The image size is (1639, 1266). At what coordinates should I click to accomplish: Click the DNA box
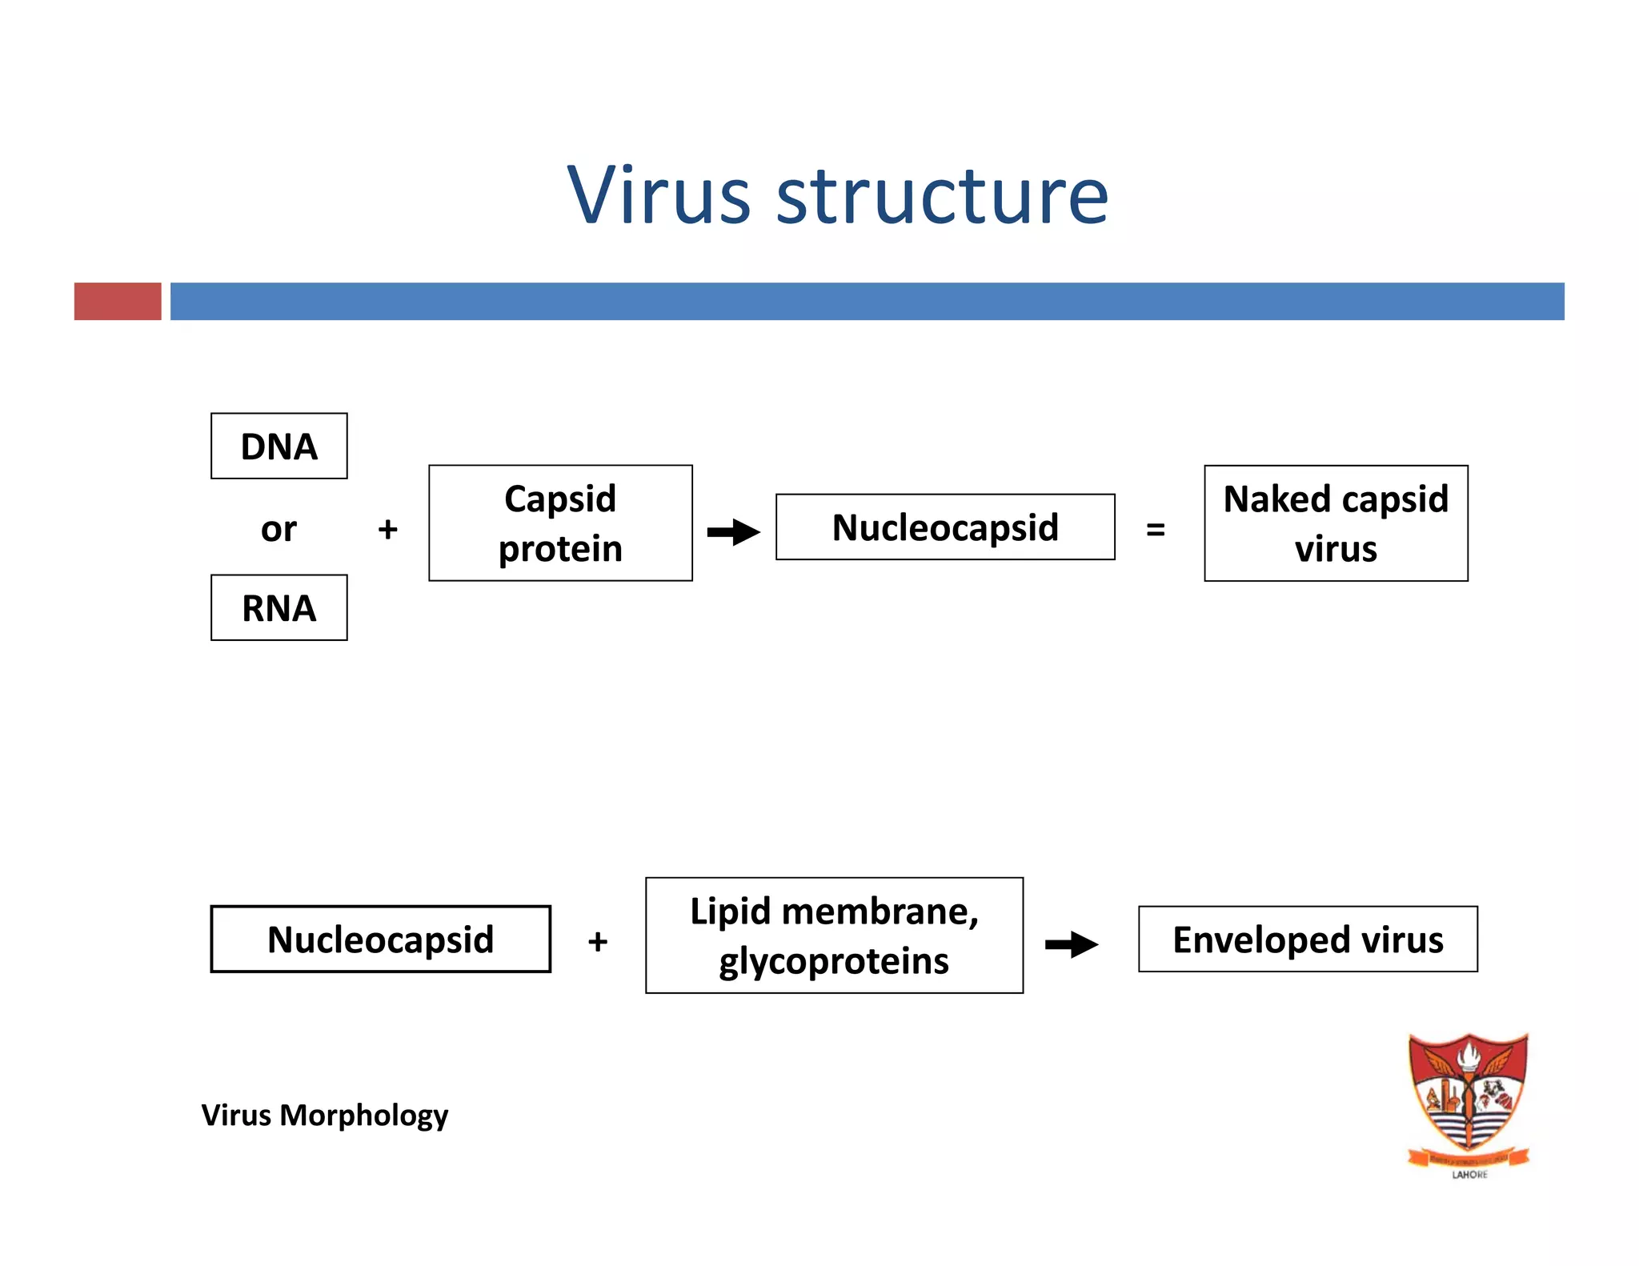[279, 446]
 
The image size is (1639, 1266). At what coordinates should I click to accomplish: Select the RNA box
[279, 607]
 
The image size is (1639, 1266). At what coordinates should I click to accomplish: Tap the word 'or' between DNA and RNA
[279, 529]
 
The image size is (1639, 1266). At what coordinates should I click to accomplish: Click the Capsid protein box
[560, 523]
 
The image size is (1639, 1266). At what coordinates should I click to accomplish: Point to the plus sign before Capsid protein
[387, 529]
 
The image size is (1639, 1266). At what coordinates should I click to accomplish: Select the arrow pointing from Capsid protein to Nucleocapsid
[733, 531]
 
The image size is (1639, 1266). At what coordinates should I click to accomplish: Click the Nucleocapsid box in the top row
[944, 527]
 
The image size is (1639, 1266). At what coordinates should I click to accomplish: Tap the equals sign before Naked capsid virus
[1155, 529]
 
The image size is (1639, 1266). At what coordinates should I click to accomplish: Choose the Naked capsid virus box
[1335, 523]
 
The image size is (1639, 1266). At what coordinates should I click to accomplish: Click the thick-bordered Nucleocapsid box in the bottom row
[380, 939]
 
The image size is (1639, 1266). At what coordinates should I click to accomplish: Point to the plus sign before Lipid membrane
[597, 941]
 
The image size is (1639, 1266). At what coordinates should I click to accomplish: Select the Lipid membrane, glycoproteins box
[834, 935]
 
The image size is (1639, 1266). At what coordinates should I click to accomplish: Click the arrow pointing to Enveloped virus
[1072, 944]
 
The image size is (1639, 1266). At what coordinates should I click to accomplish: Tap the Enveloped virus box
[1308, 939]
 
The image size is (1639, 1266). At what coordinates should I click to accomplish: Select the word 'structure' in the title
[943, 196]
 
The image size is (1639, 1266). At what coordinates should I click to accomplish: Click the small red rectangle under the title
[118, 301]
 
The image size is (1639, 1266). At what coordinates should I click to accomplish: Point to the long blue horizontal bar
[867, 301]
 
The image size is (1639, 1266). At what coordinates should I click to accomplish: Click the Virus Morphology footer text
[324, 1115]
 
